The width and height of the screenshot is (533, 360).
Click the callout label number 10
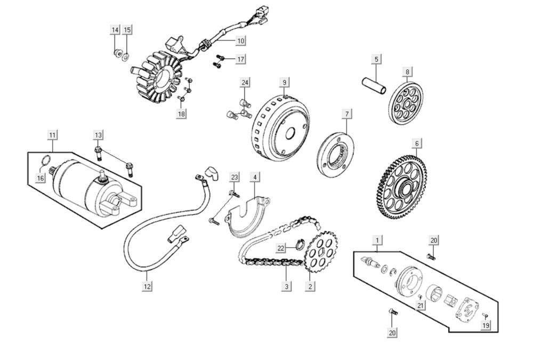point(240,41)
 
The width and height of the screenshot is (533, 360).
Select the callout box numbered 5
point(376,59)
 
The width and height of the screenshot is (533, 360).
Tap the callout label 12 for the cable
point(147,286)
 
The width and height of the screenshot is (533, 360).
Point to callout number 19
point(486,325)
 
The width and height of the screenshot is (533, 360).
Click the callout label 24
point(245,83)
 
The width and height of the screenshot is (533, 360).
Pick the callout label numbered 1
point(377,241)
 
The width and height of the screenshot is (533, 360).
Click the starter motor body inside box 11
point(80,185)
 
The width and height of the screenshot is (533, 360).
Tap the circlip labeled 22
point(299,246)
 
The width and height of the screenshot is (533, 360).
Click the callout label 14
point(115,30)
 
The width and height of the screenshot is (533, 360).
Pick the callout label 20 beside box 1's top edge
point(434,241)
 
